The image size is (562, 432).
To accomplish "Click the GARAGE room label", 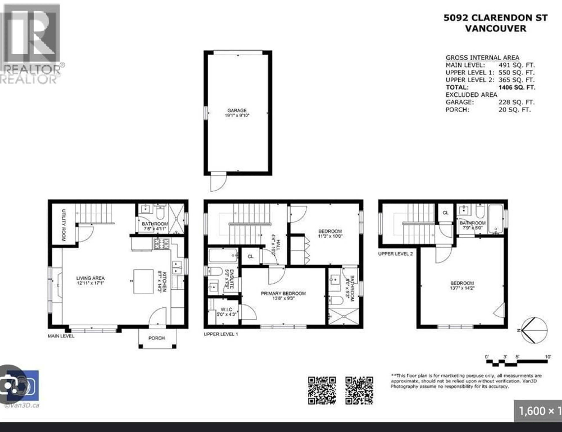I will (237, 110).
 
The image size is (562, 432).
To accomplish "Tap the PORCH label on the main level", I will (156, 338).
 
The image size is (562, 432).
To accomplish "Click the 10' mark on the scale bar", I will (548, 357).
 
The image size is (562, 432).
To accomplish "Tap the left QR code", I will (322, 391).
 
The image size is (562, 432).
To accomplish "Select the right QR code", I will (359, 391).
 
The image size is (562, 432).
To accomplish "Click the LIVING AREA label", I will (90, 278).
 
